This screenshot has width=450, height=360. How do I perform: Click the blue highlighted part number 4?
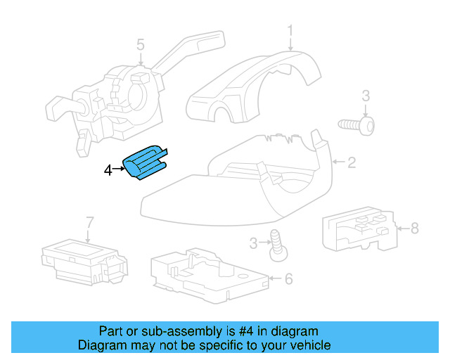[x=146, y=164]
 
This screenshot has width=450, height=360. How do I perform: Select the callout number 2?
[x=352, y=163]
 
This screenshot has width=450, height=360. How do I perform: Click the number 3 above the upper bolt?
[x=366, y=96]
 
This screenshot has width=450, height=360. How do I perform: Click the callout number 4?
[x=108, y=169]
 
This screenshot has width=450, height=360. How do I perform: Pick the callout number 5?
[x=140, y=46]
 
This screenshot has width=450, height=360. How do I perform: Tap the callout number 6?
[x=288, y=278]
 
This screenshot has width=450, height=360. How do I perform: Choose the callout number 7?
[x=89, y=223]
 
